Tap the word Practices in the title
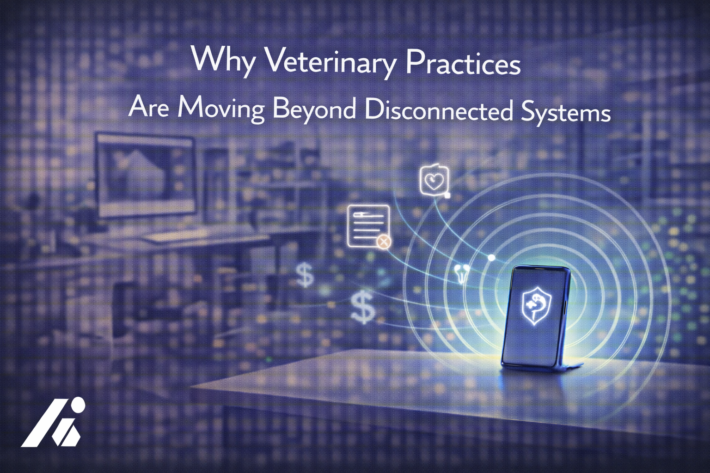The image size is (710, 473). pos(463,65)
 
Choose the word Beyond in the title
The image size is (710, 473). pos(314,110)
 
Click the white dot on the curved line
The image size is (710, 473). pos(491,257)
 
